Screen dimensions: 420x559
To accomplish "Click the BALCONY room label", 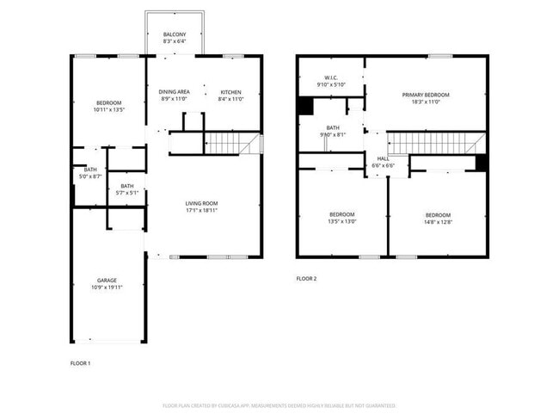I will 175,34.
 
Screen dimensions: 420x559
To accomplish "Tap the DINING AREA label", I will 175,92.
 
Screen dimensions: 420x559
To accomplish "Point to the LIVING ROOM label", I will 202,203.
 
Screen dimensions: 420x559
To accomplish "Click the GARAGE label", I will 107,280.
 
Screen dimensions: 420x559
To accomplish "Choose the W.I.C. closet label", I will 329,77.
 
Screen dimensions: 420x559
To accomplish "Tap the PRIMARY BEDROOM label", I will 427,95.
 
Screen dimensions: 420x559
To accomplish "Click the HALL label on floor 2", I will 384,158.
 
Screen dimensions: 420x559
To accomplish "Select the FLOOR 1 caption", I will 80,363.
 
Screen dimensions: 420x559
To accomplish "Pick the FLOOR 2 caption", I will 307,278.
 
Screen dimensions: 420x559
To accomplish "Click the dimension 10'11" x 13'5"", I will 109,110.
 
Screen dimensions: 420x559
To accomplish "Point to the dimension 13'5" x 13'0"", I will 342,220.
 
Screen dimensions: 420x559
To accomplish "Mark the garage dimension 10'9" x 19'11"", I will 107,287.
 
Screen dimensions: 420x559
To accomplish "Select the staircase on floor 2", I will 430,143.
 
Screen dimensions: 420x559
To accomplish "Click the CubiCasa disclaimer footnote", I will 279,405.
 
